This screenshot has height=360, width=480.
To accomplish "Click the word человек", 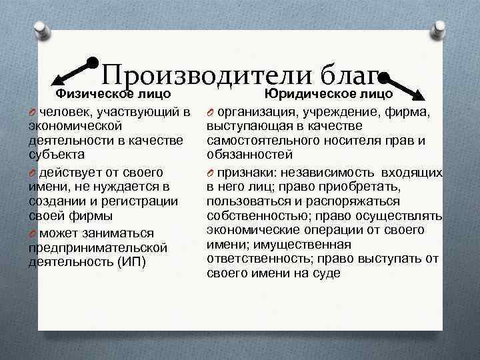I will pyautogui.click(x=64, y=111).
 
